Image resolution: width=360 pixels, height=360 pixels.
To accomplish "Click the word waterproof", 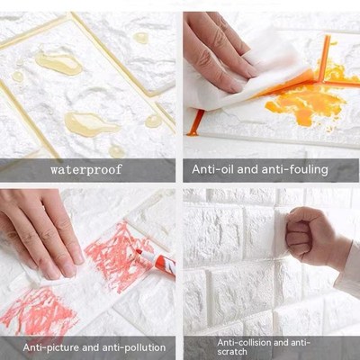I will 87,168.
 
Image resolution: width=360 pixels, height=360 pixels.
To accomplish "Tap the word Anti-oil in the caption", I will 212,168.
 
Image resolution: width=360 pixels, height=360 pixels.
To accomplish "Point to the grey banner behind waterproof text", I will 27,168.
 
